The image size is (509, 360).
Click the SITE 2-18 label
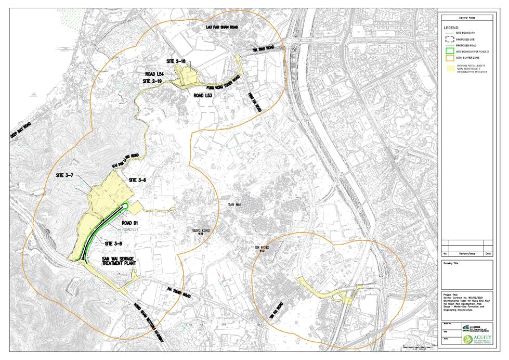[176, 61]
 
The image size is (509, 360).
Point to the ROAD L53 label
[203, 96]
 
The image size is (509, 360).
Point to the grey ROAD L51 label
[130, 229]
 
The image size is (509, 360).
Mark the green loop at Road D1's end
[126, 207]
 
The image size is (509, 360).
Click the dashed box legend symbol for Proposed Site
[450, 38]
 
